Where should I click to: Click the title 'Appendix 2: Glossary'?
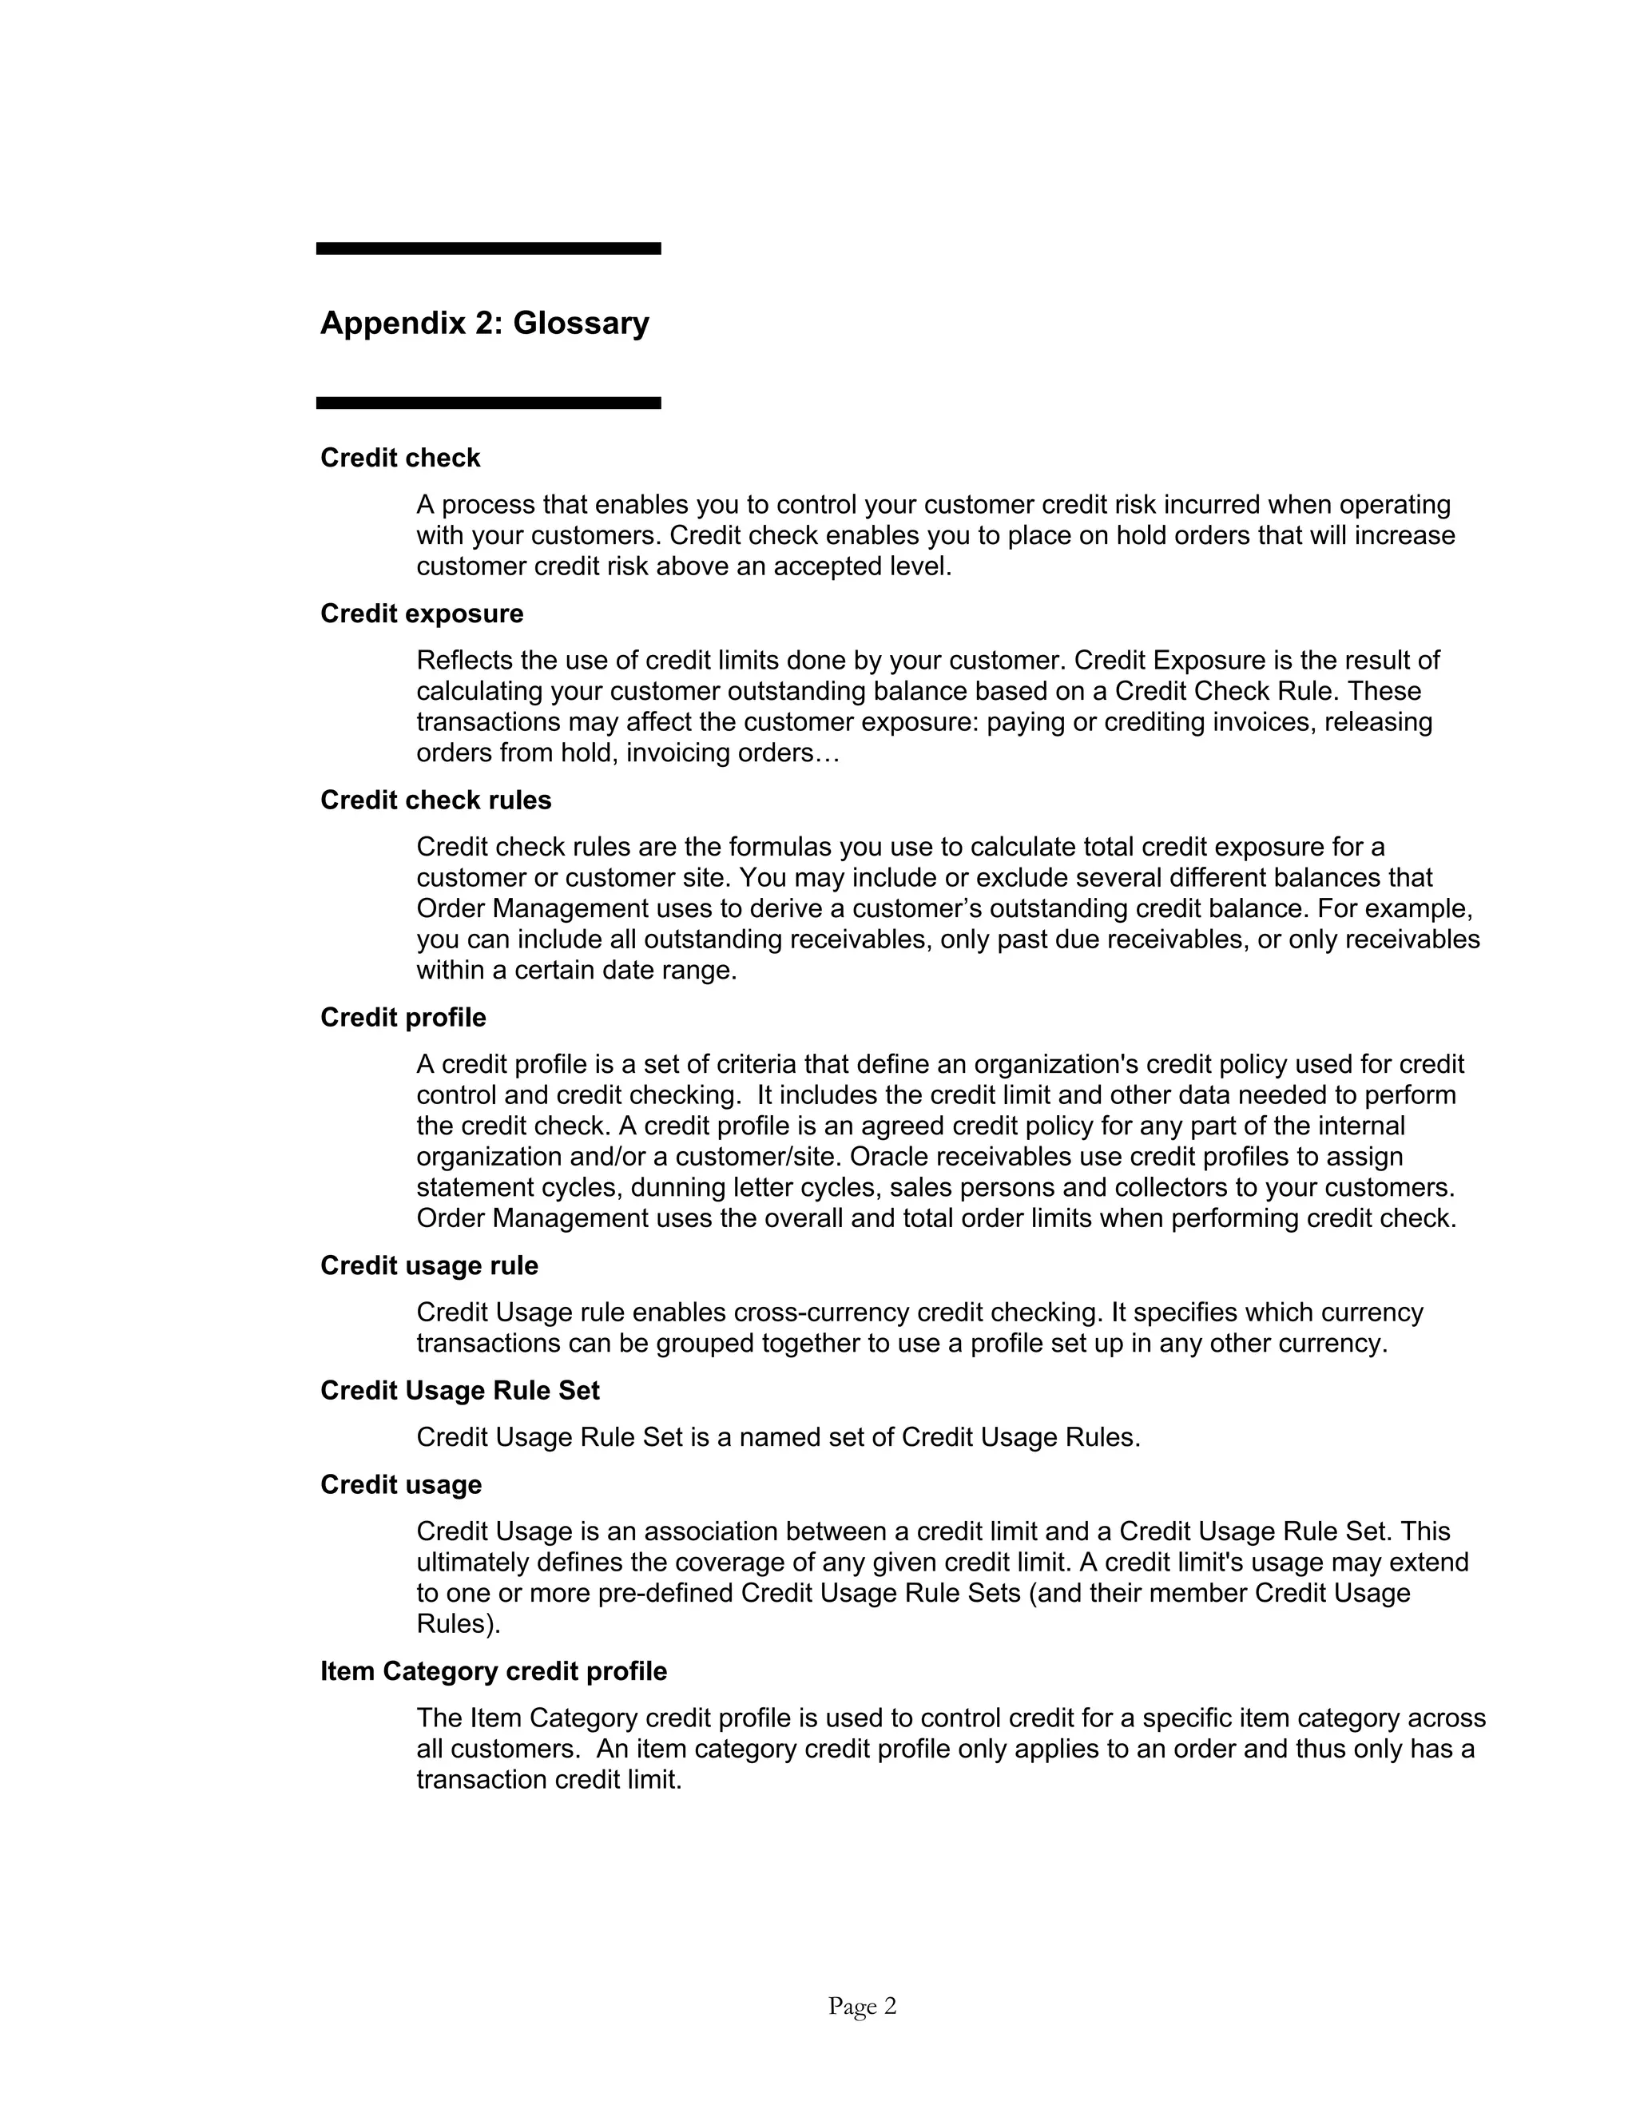point(485,323)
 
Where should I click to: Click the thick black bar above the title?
point(488,249)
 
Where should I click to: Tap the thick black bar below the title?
point(488,403)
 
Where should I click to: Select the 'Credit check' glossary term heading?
point(400,458)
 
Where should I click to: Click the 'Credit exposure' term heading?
point(422,614)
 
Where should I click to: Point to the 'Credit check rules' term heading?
point(435,800)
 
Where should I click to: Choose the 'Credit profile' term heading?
point(403,1017)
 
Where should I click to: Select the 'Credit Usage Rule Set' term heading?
point(459,1390)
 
